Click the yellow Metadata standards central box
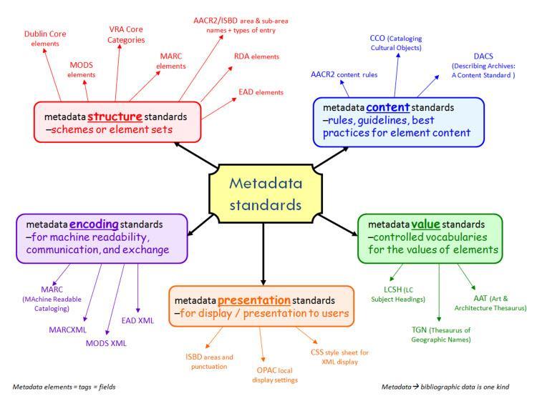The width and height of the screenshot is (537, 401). click(266, 194)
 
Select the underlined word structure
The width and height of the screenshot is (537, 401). click(115, 117)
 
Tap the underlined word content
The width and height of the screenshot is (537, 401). click(387, 107)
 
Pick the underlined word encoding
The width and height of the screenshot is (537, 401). click(94, 224)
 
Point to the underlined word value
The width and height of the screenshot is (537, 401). click(425, 224)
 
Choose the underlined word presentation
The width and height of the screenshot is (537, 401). click(253, 300)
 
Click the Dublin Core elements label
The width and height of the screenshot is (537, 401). click(45, 39)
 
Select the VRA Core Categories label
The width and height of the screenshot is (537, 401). click(126, 34)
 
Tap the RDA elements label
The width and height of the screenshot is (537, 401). click(256, 56)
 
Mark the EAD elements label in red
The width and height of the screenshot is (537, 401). click(261, 92)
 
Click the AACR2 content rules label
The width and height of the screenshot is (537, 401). click(344, 74)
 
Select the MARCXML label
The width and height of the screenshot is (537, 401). click(67, 330)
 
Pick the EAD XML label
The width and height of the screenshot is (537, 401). click(137, 321)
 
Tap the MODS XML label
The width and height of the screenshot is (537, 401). click(106, 343)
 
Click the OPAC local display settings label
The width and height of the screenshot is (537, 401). click(275, 375)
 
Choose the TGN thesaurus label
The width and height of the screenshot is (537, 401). click(441, 335)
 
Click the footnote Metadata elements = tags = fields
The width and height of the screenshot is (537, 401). click(64, 387)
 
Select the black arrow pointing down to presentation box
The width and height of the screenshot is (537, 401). click(263, 254)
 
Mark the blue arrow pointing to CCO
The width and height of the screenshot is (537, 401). click(396, 75)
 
